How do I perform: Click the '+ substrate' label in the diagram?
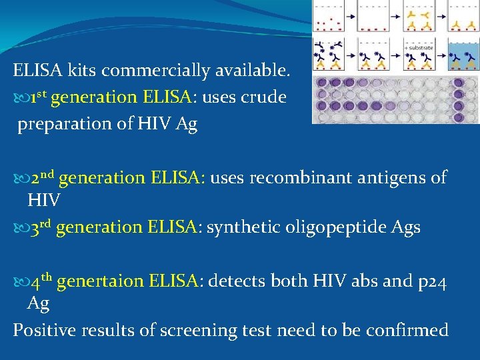point(418,48)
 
